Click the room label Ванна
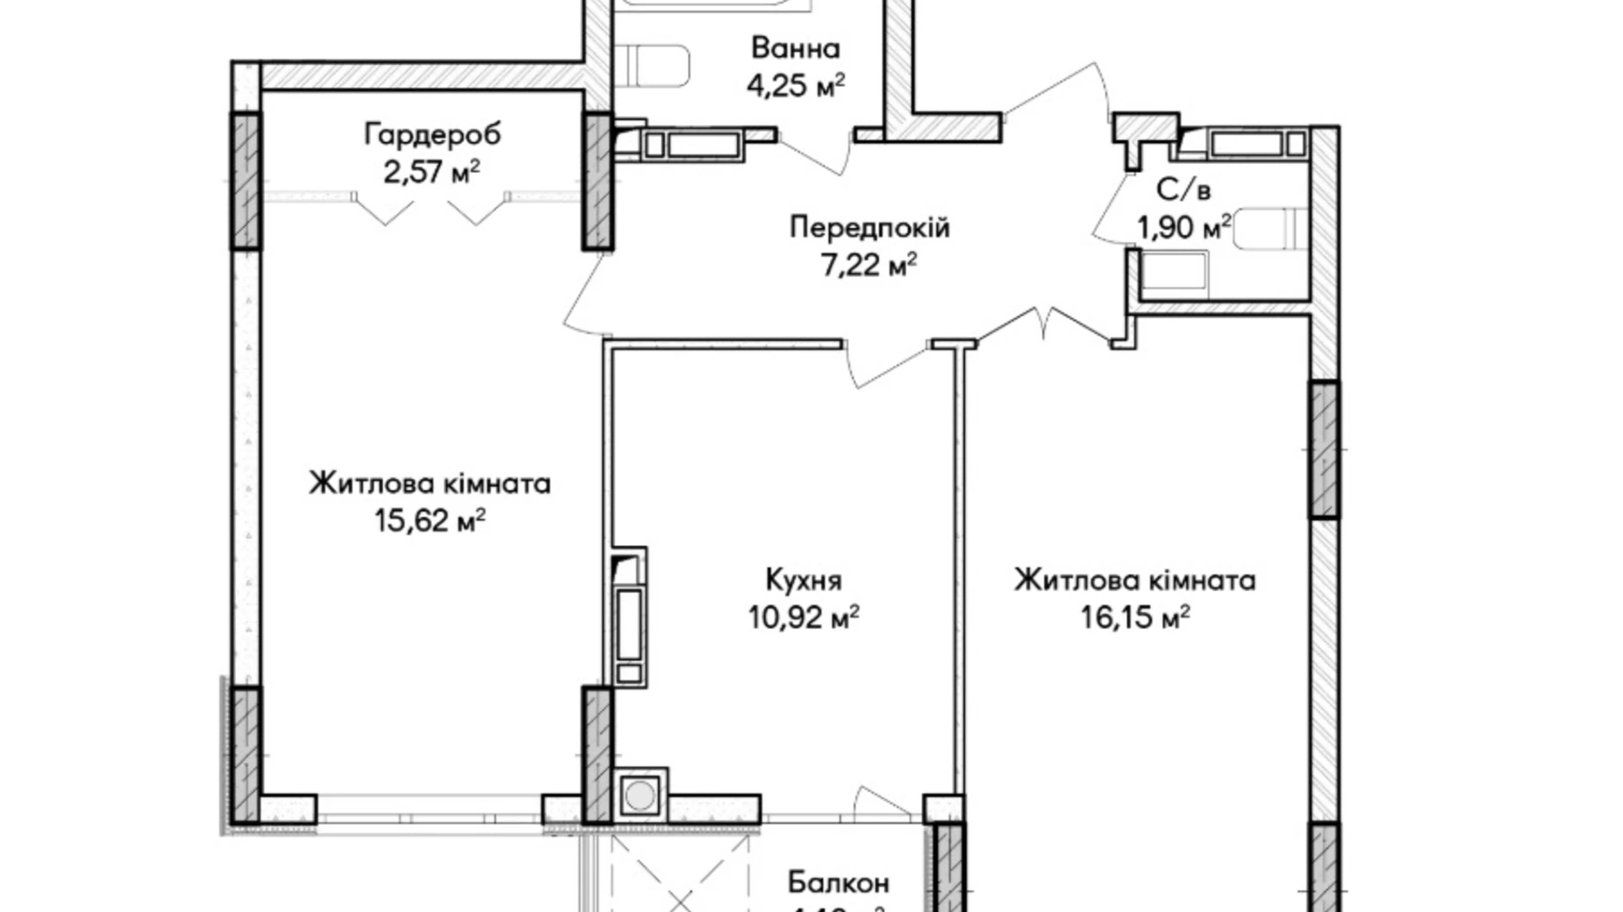[795, 48]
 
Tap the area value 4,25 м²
[795, 86]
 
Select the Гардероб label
[433, 134]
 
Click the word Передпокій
[869, 227]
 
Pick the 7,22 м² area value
[869, 264]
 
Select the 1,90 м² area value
[1183, 228]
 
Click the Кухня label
[803, 580]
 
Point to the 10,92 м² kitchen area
[803, 617]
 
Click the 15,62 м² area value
[430, 521]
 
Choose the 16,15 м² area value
[1134, 617]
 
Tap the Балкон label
[838, 881]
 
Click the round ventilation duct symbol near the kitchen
[640, 795]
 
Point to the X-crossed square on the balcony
[682, 877]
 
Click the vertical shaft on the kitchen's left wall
[628, 618]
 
